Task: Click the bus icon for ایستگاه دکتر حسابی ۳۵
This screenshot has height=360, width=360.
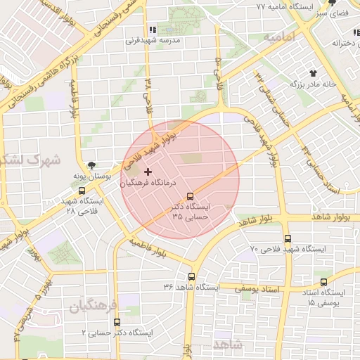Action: tap(189, 196)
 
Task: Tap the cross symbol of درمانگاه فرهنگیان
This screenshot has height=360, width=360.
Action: tap(148, 172)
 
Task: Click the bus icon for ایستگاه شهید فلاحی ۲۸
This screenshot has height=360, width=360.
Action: tap(82, 191)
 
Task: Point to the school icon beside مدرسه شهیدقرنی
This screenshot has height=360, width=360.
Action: tap(152, 30)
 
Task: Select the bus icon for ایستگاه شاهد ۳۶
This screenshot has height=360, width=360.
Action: tap(192, 276)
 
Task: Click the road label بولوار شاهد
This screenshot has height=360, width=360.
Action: tap(263, 219)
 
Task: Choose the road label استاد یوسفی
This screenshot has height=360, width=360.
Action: tap(260, 288)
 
